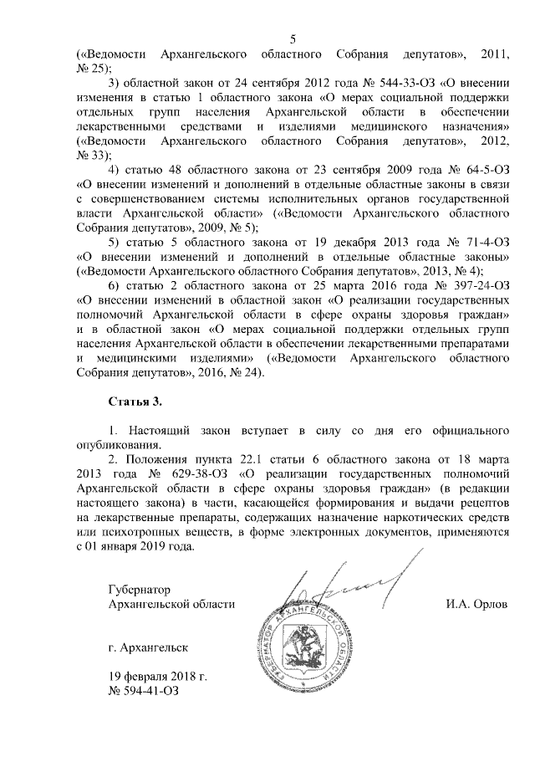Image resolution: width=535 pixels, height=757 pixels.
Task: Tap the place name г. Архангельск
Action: coord(150,647)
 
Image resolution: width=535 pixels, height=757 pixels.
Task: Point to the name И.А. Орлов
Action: coord(477,603)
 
